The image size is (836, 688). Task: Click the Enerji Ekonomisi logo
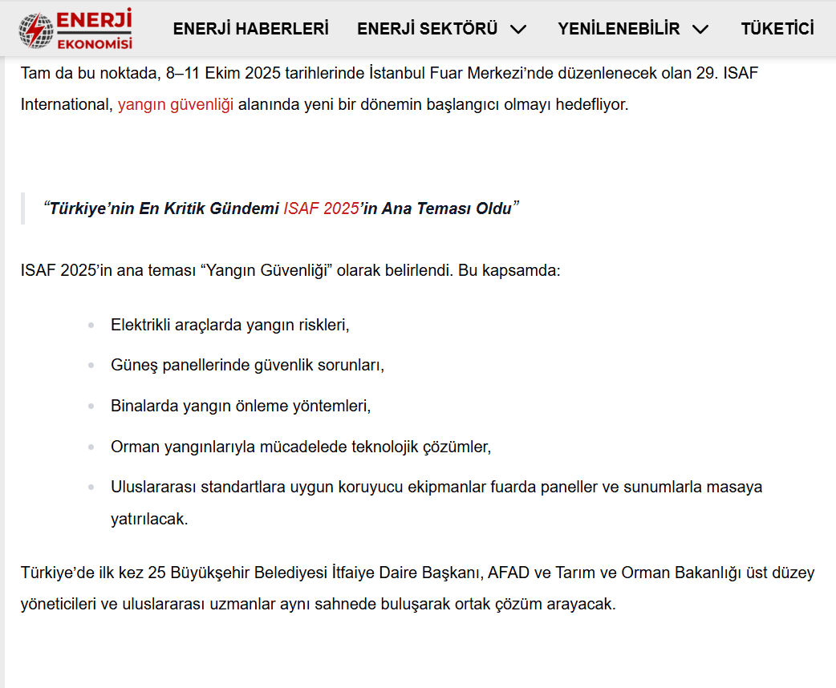click(x=75, y=29)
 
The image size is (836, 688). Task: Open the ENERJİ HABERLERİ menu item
click(x=251, y=29)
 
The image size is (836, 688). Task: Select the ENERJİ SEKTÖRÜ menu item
click(x=428, y=29)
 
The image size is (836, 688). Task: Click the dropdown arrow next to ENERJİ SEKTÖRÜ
click(x=518, y=30)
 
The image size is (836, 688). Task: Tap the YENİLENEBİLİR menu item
click(x=619, y=29)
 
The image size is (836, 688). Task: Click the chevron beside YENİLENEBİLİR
click(x=700, y=30)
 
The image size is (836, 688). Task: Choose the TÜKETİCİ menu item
click(x=777, y=29)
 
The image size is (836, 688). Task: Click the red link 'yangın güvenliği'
click(x=176, y=105)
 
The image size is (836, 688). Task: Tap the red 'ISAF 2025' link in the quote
click(x=320, y=209)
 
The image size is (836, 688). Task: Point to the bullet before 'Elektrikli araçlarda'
click(x=91, y=326)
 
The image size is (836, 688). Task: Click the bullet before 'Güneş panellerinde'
click(x=91, y=366)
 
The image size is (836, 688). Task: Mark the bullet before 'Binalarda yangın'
click(x=91, y=407)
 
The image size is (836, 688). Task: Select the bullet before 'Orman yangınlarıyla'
click(x=91, y=447)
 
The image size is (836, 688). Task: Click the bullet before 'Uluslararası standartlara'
click(x=91, y=487)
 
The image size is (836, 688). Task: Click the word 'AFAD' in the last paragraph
click(x=508, y=573)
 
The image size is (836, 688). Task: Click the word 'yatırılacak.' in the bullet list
click(x=149, y=519)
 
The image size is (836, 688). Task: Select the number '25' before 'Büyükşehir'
click(x=157, y=573)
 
